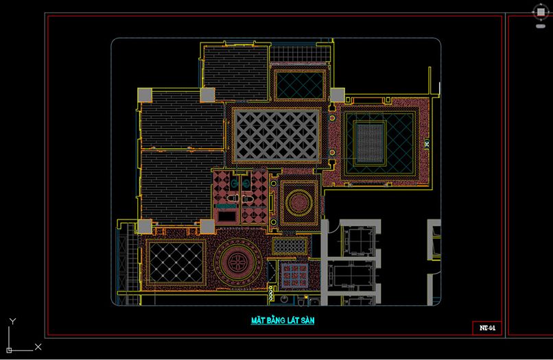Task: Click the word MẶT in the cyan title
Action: point(258,320)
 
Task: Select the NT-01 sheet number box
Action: point(486,328)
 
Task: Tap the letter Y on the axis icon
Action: point(13,321)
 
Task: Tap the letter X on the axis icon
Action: point(38,346)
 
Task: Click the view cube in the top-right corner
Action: point(540,12)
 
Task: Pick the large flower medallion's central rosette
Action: point(237,262)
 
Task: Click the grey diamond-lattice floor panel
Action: point(276,135)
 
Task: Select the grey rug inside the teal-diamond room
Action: point(370,143)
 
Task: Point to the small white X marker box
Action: point(427,143)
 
